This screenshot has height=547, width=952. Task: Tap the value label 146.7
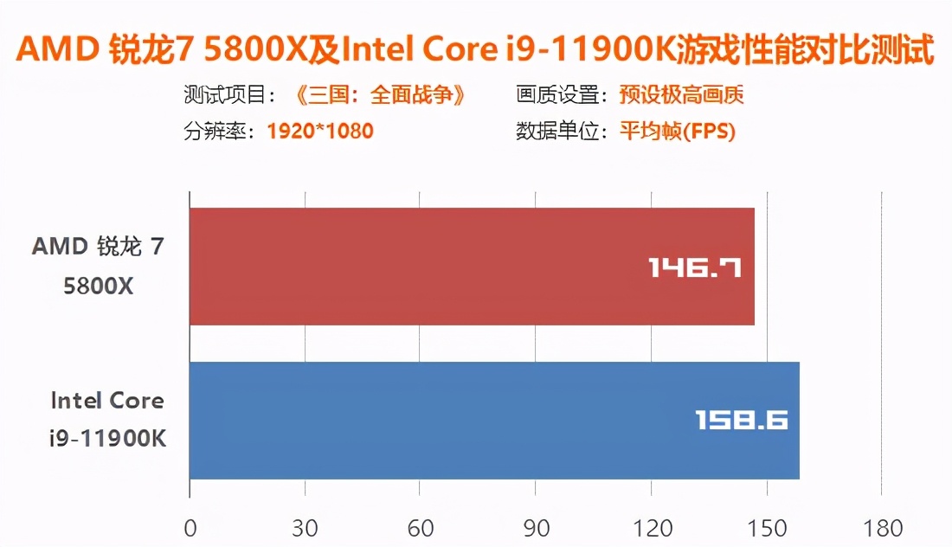695,267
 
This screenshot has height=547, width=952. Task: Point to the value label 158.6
742,421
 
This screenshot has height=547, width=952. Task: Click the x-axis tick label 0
190,528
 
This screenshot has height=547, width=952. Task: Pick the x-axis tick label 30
305,528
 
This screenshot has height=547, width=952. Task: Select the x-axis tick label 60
420,528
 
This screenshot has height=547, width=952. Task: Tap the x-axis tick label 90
535,528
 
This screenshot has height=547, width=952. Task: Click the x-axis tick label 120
650,528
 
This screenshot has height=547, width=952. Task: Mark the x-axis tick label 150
765,528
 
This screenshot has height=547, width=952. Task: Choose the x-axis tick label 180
880,528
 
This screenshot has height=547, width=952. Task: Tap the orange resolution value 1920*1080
320,132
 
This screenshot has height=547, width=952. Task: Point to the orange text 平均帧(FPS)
677,132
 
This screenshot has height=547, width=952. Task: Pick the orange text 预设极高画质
681,95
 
